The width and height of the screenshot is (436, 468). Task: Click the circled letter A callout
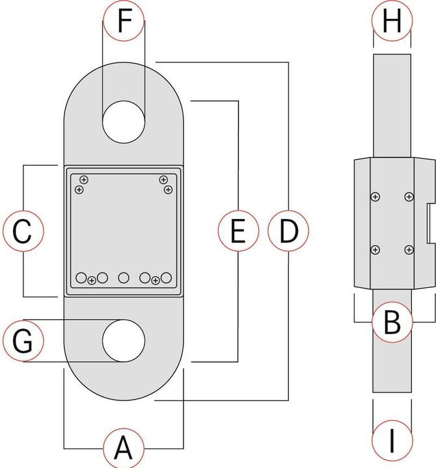tap(124, 448)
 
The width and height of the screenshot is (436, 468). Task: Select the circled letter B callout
tap(391, 321)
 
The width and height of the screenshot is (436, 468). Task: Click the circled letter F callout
tap(124, 21)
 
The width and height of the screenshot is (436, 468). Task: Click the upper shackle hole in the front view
tap(124, 122)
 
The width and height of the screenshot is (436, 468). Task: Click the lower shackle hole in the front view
tap(124, 340)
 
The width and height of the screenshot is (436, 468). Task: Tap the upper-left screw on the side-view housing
tap(375, 196)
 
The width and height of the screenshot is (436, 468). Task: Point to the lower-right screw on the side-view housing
tap(408, 250)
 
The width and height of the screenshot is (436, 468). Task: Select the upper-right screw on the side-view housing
tap(408, 196)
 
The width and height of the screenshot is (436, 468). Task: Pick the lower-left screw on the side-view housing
tap(375, 250)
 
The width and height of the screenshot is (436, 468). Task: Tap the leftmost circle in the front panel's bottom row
tap(81, 278)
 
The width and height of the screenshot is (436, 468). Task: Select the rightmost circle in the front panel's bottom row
tap(167, 278)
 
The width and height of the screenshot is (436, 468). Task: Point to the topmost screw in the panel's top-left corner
tap(84, 179)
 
